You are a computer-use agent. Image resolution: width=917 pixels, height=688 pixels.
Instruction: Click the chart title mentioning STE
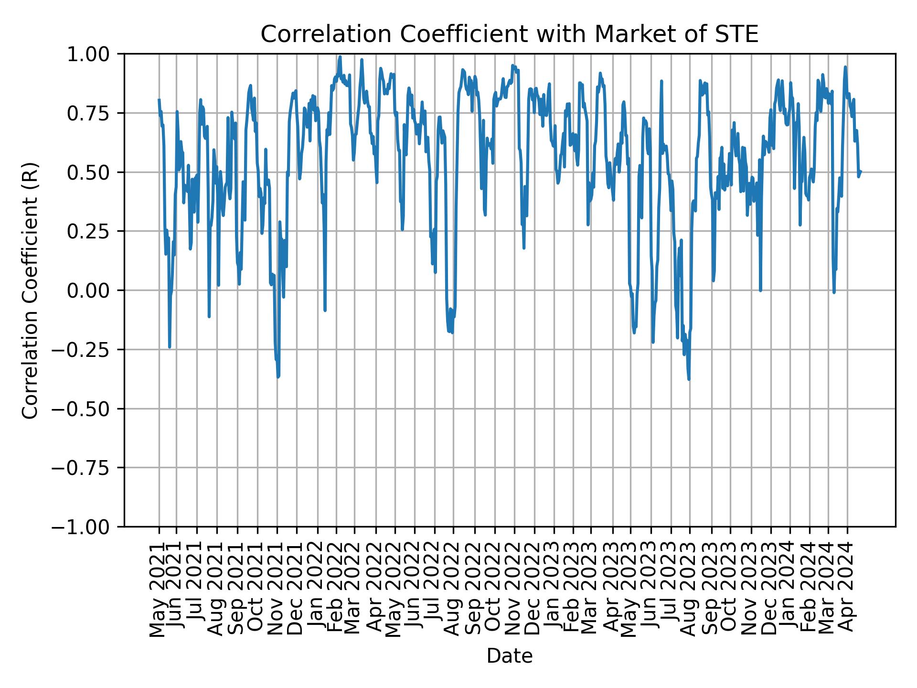pyautogui.click(x=509, y=35)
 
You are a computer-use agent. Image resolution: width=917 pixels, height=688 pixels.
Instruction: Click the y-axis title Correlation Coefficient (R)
pyautogui.click(x=30, y=290)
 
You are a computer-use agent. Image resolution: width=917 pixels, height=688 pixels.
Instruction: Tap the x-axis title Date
pyautogui.click(x=509, y=656)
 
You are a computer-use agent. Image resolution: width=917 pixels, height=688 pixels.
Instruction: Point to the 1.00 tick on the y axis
pyautogui.click(x=94, y=54)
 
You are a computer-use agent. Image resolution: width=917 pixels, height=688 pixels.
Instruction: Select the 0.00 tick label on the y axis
pyautogui.click(x=94, y=290)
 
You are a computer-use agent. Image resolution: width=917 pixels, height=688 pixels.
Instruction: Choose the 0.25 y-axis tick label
pyautogui.click(x=94, y=231)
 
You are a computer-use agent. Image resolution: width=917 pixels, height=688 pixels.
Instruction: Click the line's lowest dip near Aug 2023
pyautogui.click(x=689, y=379)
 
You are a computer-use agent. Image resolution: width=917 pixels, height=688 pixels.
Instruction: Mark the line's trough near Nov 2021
pyautogui.click(x=278, y=377)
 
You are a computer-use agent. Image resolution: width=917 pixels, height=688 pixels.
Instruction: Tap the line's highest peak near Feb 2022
pyautogui.click(x=340, y=57)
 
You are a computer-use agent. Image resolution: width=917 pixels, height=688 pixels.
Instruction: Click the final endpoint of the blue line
pyautogui.click(x=860, y=172)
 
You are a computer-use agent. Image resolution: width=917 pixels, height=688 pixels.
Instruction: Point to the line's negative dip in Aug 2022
pyautogui.click(x=452, y=332)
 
